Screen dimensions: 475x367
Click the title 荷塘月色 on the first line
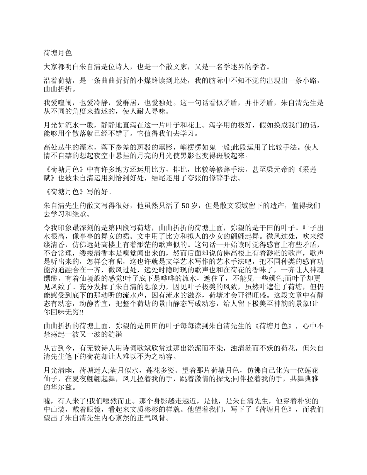pos(58,53)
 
